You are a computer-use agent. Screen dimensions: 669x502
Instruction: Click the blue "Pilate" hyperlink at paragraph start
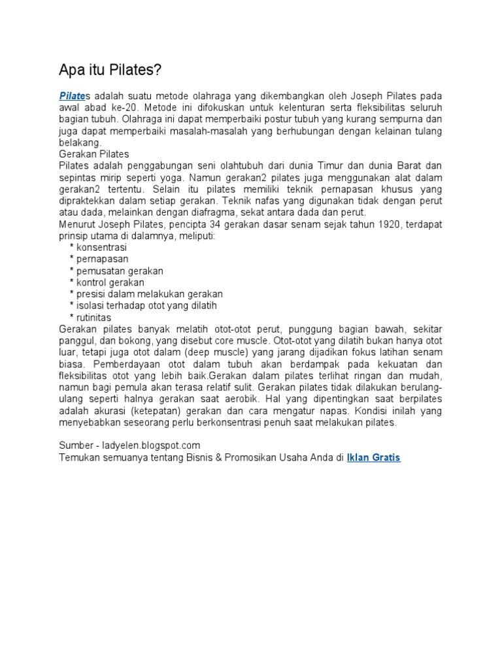point(73,95)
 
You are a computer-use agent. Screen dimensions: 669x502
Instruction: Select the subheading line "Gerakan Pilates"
point(93,154)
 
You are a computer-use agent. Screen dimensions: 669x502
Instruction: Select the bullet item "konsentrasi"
point(101,248)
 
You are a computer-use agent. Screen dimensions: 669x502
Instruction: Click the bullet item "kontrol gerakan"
point(110,283)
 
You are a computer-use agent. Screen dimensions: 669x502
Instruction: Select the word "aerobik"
point(304,399)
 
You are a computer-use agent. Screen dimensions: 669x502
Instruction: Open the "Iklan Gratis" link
point(373,458)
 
